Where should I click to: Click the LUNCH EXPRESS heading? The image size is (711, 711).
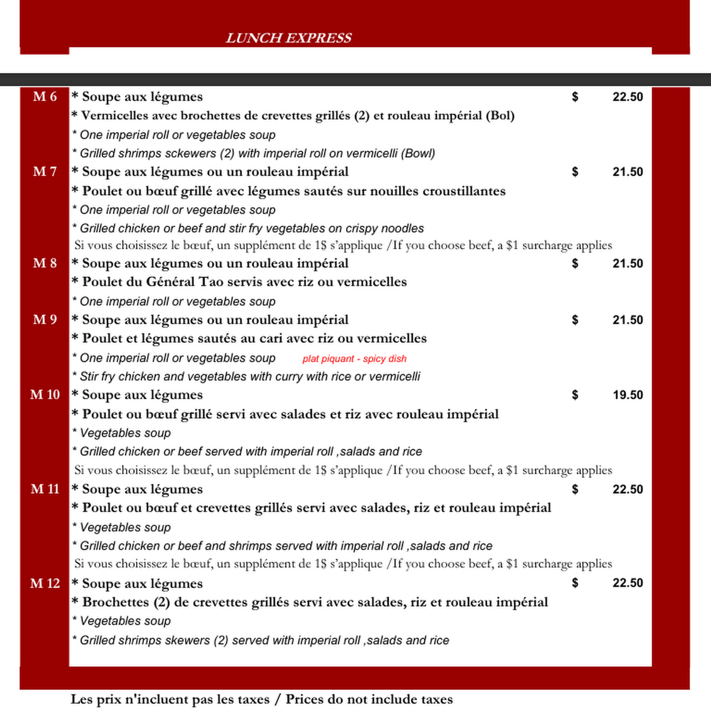[x=289, y=38]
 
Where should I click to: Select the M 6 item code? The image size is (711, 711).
[x=44, y=96]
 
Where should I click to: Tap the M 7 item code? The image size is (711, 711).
[x=44, y=171]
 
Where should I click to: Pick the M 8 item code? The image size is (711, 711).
[x=44, y=263]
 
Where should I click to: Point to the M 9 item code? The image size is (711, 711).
[x=44, y=320]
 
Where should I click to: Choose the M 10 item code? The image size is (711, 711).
[x=44, y=395]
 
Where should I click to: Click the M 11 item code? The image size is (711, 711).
[x=44, y=489]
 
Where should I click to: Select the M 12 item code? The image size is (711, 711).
[x=44, y=583]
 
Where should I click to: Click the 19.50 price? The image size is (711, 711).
[x=627, y=395]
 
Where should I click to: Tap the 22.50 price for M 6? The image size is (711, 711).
[x=627, y=97]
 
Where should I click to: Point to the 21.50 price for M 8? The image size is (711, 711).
[x=627, y=263]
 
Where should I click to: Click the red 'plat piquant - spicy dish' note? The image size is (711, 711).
[x=354, y=359]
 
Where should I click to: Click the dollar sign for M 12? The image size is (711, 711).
[x=575, y=583]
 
